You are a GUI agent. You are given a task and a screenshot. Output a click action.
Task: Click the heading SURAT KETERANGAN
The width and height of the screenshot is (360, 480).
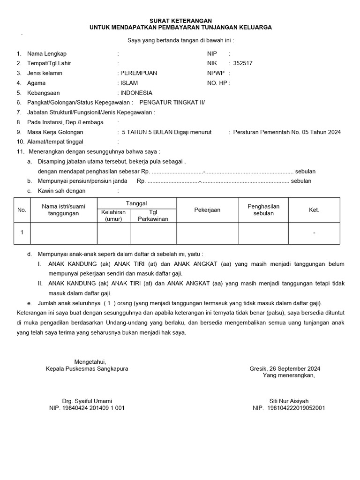pos(180,21)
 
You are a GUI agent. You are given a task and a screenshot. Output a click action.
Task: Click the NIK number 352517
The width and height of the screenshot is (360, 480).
pos(242,63)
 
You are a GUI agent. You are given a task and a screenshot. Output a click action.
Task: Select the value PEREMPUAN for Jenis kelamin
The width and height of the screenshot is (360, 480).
pos(139,73)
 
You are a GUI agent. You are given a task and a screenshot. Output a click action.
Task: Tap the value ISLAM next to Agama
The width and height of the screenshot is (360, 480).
pos(129,83)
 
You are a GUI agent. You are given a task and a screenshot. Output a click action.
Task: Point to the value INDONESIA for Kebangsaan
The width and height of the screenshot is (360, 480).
pos(136,93)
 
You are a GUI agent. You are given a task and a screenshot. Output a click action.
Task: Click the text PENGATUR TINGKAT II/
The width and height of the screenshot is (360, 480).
pos(172,102)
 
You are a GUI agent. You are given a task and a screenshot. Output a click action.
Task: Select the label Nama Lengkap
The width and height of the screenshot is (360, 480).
pos(47,54)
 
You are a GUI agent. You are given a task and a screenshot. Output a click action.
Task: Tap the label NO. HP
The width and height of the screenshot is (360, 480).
pos(217,83)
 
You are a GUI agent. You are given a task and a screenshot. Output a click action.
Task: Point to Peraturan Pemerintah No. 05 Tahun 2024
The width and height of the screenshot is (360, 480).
pos(287,132)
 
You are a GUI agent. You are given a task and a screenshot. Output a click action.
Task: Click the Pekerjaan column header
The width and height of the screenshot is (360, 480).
pos(207,210)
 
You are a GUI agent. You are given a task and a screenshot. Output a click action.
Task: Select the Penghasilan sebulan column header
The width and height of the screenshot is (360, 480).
pos(263,210)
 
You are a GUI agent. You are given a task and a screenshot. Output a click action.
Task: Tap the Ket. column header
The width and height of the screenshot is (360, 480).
pos(314,210)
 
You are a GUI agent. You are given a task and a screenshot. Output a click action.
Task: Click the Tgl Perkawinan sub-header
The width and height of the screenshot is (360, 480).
pos(153,216)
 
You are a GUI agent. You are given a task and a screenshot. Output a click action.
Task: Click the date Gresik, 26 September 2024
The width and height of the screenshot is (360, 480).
pos(285,368)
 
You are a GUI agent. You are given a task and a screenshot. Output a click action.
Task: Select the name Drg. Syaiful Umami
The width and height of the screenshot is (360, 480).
pos(87,401)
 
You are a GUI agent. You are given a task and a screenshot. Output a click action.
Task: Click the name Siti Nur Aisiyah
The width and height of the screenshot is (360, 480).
pos(289,401)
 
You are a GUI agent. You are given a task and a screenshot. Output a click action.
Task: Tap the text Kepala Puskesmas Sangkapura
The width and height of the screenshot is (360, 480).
pos(87,368)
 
